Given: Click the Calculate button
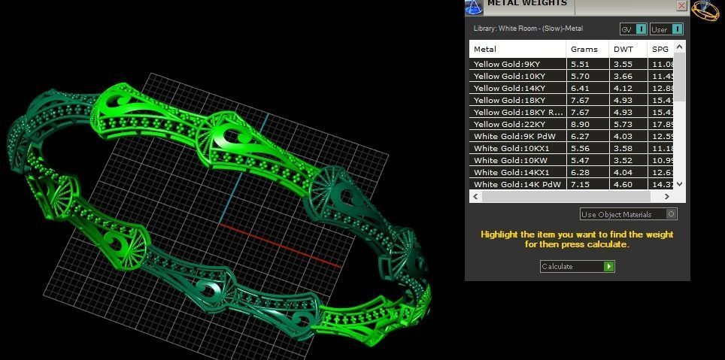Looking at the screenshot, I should point(577,266).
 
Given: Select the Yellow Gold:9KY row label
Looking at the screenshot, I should point(506,64).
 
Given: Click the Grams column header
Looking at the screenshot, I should point(584,49).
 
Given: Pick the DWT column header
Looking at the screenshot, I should point(623,49).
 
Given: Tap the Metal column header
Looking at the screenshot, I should point(485,49).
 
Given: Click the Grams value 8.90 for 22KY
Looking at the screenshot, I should point(580,124).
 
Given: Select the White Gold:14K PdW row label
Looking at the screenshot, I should point(517,184).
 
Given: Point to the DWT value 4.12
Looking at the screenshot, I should point(623,88).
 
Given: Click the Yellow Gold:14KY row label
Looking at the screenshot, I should point(509,88).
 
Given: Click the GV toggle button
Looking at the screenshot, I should point(632,29).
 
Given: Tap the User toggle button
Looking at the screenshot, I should point(666,29).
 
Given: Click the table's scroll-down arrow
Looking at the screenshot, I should point(680,183).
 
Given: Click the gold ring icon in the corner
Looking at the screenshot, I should point(705,11).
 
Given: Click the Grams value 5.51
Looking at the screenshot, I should point(580,64).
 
